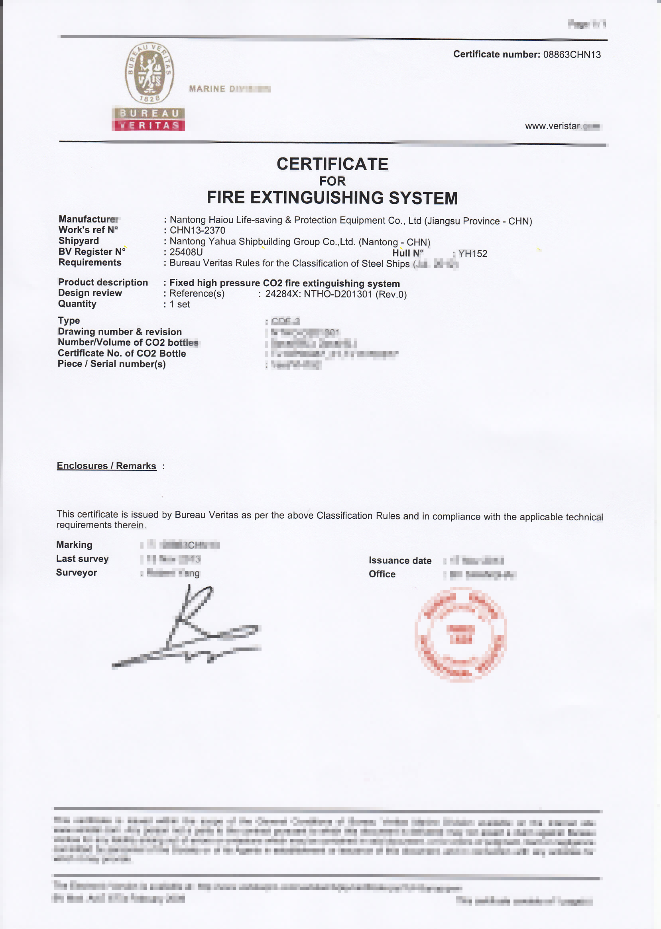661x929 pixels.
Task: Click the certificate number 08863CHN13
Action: tap(571, 55)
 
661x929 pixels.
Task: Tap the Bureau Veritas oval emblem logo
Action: tap(149, 73)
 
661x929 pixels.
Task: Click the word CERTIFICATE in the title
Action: tap(332, 164)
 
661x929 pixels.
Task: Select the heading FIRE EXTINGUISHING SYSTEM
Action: tap(332, 198)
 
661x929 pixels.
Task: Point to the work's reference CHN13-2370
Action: tap(197, 230)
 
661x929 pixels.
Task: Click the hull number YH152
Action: tap(472, 254)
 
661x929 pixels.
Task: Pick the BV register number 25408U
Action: tap(186, 252)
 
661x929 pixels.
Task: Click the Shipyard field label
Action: tap(79, 240)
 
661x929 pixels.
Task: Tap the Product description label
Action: tap(103, 282)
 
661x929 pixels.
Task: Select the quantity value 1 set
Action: tap(179, 304)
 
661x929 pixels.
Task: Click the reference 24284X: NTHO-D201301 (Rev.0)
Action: tap(336, 294)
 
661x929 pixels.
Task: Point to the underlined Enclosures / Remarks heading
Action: tap(106, 466)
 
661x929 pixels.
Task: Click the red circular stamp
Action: tap(461, 634)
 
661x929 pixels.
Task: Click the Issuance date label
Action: tap(400, 561)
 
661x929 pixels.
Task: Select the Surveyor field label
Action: tap(77, 573)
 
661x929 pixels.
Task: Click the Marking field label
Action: tap(74, 545)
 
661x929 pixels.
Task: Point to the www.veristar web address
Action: tap(562, 126)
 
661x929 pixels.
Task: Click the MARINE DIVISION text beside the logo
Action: tap(230, 89)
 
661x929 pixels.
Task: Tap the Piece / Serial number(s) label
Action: tap(112, 364)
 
